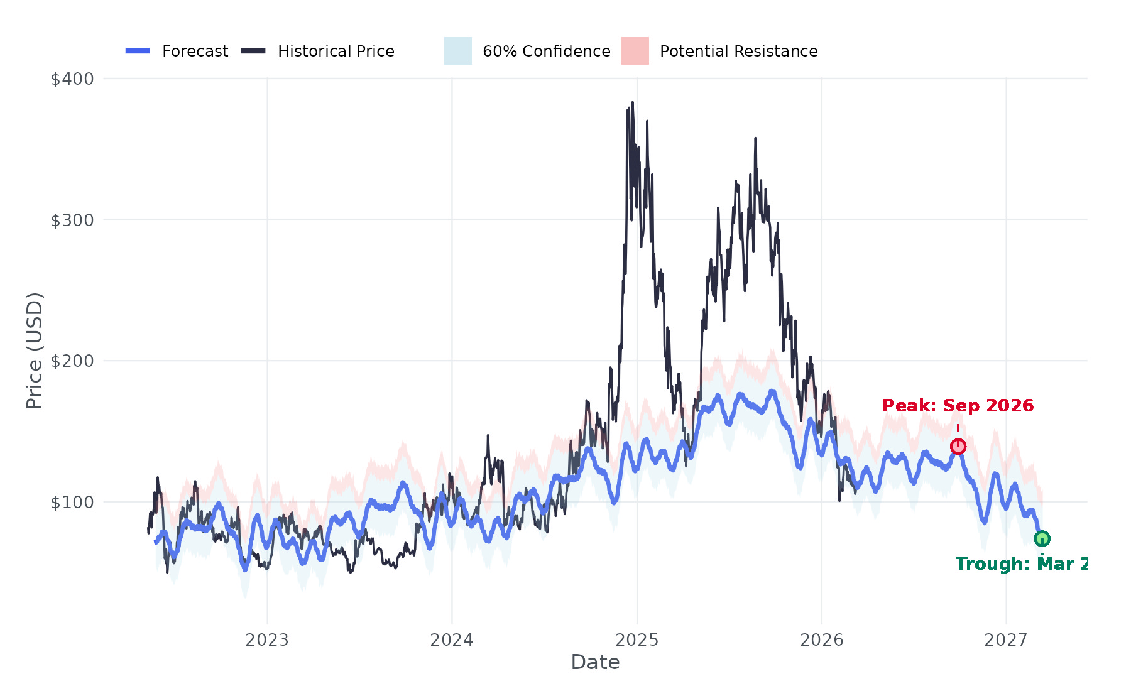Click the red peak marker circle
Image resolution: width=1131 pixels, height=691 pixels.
(958, 446)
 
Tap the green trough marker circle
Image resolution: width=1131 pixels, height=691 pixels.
(1042, 538)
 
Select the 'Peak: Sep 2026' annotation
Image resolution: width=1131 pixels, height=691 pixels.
(958, 406)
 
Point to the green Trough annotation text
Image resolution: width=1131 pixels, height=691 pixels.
(1021, 564)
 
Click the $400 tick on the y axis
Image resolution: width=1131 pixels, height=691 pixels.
(72, 79)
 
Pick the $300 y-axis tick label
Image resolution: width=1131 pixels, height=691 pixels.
(72, 220)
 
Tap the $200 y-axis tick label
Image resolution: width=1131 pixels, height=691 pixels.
(72, 361)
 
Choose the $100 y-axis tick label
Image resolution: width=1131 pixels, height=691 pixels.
(72, 503)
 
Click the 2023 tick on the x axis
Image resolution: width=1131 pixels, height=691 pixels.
(267, 640)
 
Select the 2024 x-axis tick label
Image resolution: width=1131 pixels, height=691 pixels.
(452, 640)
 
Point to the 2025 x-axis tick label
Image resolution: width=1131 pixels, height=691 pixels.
(637, 640)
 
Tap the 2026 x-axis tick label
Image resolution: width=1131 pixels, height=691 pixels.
(821, 640)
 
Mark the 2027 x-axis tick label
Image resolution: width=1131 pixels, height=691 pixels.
(1006, 640)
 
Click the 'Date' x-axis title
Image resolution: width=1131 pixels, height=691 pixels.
(595, 662)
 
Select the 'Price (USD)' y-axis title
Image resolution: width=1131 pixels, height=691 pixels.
(35, 351)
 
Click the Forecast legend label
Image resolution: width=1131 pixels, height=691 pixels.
(195, 52)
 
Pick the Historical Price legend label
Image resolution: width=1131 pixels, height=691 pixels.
(336, 52)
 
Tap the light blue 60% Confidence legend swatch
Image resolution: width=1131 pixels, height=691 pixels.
(458, 51)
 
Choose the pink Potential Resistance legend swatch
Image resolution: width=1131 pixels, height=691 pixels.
(635, 51)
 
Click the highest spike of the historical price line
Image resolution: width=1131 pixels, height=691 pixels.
(633, 102)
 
